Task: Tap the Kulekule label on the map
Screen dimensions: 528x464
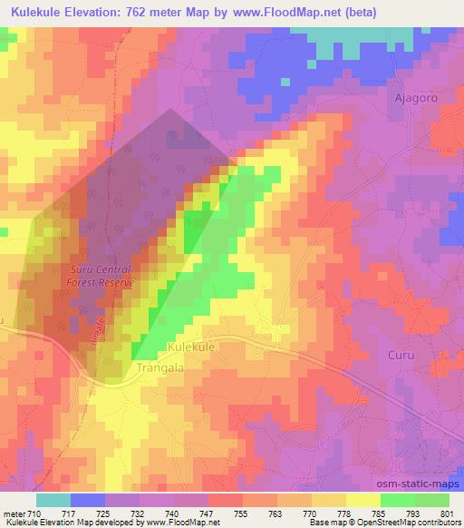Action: click(x=194, y=347)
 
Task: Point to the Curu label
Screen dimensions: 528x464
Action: click(x=401, y=355)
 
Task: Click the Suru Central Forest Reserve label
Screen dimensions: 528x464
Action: click(x=103, y=277)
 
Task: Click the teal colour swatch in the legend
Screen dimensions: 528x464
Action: click(x=53, y=501)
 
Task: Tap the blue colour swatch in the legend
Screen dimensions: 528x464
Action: click(x=88, y=501)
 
